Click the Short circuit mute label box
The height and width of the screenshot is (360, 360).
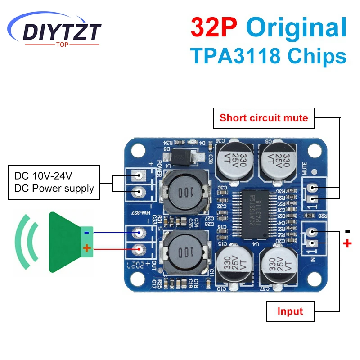[264, 118]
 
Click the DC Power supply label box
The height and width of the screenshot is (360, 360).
[54, 182]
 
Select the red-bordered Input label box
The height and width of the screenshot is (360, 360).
[290, 311]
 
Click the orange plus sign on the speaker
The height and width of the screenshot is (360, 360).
[87, 248]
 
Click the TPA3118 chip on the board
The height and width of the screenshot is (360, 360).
[254, 214]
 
